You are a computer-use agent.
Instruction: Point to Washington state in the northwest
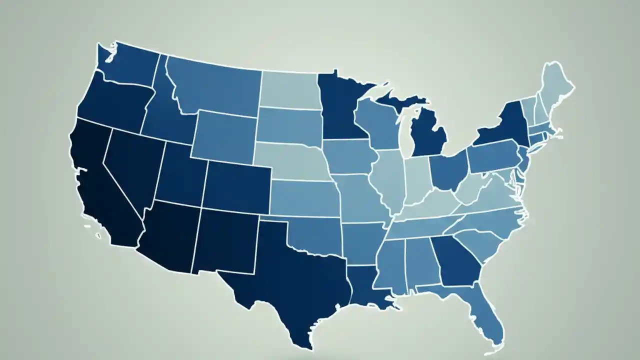tap(132, 65)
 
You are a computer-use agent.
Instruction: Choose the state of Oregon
tap(112, 102)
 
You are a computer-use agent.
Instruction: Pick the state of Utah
tap(180, 172)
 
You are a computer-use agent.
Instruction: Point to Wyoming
tap(225, 135)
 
